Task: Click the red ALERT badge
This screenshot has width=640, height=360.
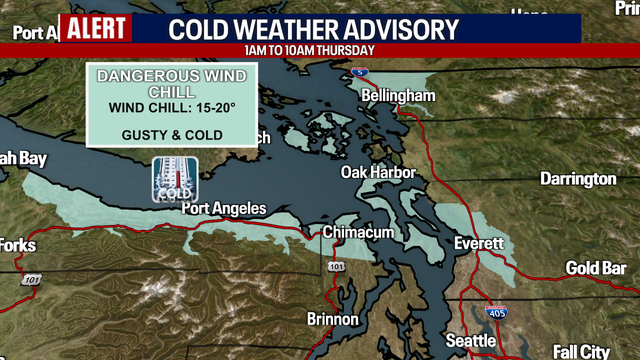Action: [97, 28]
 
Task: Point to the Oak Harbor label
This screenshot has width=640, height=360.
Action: [378, 172]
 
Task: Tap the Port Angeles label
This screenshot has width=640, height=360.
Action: [224, 208]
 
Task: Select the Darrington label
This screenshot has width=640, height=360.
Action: [578, 179]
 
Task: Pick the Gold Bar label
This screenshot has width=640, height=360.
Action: [596, 268]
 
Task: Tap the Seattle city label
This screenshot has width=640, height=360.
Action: [471, 341]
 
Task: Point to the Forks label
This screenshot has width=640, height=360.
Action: [17, 245]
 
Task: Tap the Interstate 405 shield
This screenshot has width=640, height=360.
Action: [496, 313]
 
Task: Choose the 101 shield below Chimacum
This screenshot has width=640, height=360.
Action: [336, 268]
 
